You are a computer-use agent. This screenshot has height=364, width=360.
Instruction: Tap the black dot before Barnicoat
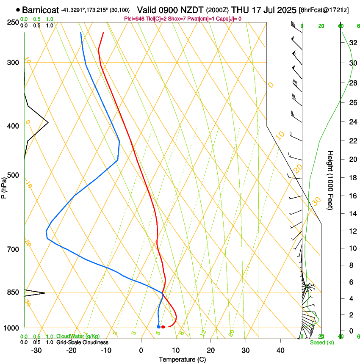pyautogui.click(x=18, y=10)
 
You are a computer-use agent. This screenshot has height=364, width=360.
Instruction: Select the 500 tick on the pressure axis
pyautogui.click(x=12, y=175)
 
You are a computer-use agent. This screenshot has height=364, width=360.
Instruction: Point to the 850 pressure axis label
pyautogui.click(x=12, y=292)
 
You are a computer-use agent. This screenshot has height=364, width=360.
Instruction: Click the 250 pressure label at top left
pyautogui.click(x=12, y=22)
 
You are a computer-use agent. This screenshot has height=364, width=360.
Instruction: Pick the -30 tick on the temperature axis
pyautogui.click(x=37, y=350)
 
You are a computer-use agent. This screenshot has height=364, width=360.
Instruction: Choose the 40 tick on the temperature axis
pyautogui.click(x=280, y=350)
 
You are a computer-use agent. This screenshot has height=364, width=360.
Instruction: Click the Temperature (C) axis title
pyautogui.click(x=182, y=360)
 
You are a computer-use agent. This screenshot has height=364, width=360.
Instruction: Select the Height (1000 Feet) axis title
pyautogui.click(x=331, y=180)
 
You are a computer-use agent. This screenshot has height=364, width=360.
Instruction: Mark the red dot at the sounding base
pyautogui.click(x=163, y=327)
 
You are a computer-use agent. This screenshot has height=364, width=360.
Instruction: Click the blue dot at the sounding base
pyautogui.click(x=158, y=327)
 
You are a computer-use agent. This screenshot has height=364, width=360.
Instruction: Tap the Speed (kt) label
pyautogui.click(x=321, y=342)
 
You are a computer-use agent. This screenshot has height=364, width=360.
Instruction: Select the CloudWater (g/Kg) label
pyautogui.click(x=78, y=336)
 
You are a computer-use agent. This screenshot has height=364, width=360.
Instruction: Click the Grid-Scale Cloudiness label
pyautogui.click(x=82, y=342)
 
